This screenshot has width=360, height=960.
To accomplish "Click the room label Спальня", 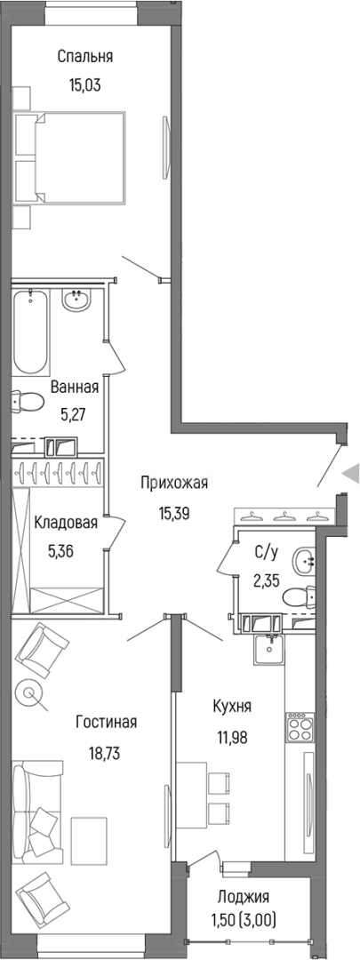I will click(85, 57).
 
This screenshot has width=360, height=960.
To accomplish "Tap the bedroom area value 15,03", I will click(85, 86).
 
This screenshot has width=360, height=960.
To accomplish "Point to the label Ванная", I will click(75, 388).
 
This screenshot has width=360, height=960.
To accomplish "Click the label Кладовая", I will click(66, 524).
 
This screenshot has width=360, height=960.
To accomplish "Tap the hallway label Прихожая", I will click(174, 483).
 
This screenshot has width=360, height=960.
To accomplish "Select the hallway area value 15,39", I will click(174, 513).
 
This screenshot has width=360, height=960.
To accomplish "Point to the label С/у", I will click(266, 552).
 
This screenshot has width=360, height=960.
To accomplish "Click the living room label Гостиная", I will click(105, 722).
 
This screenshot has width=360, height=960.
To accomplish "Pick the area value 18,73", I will click(105, 752).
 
